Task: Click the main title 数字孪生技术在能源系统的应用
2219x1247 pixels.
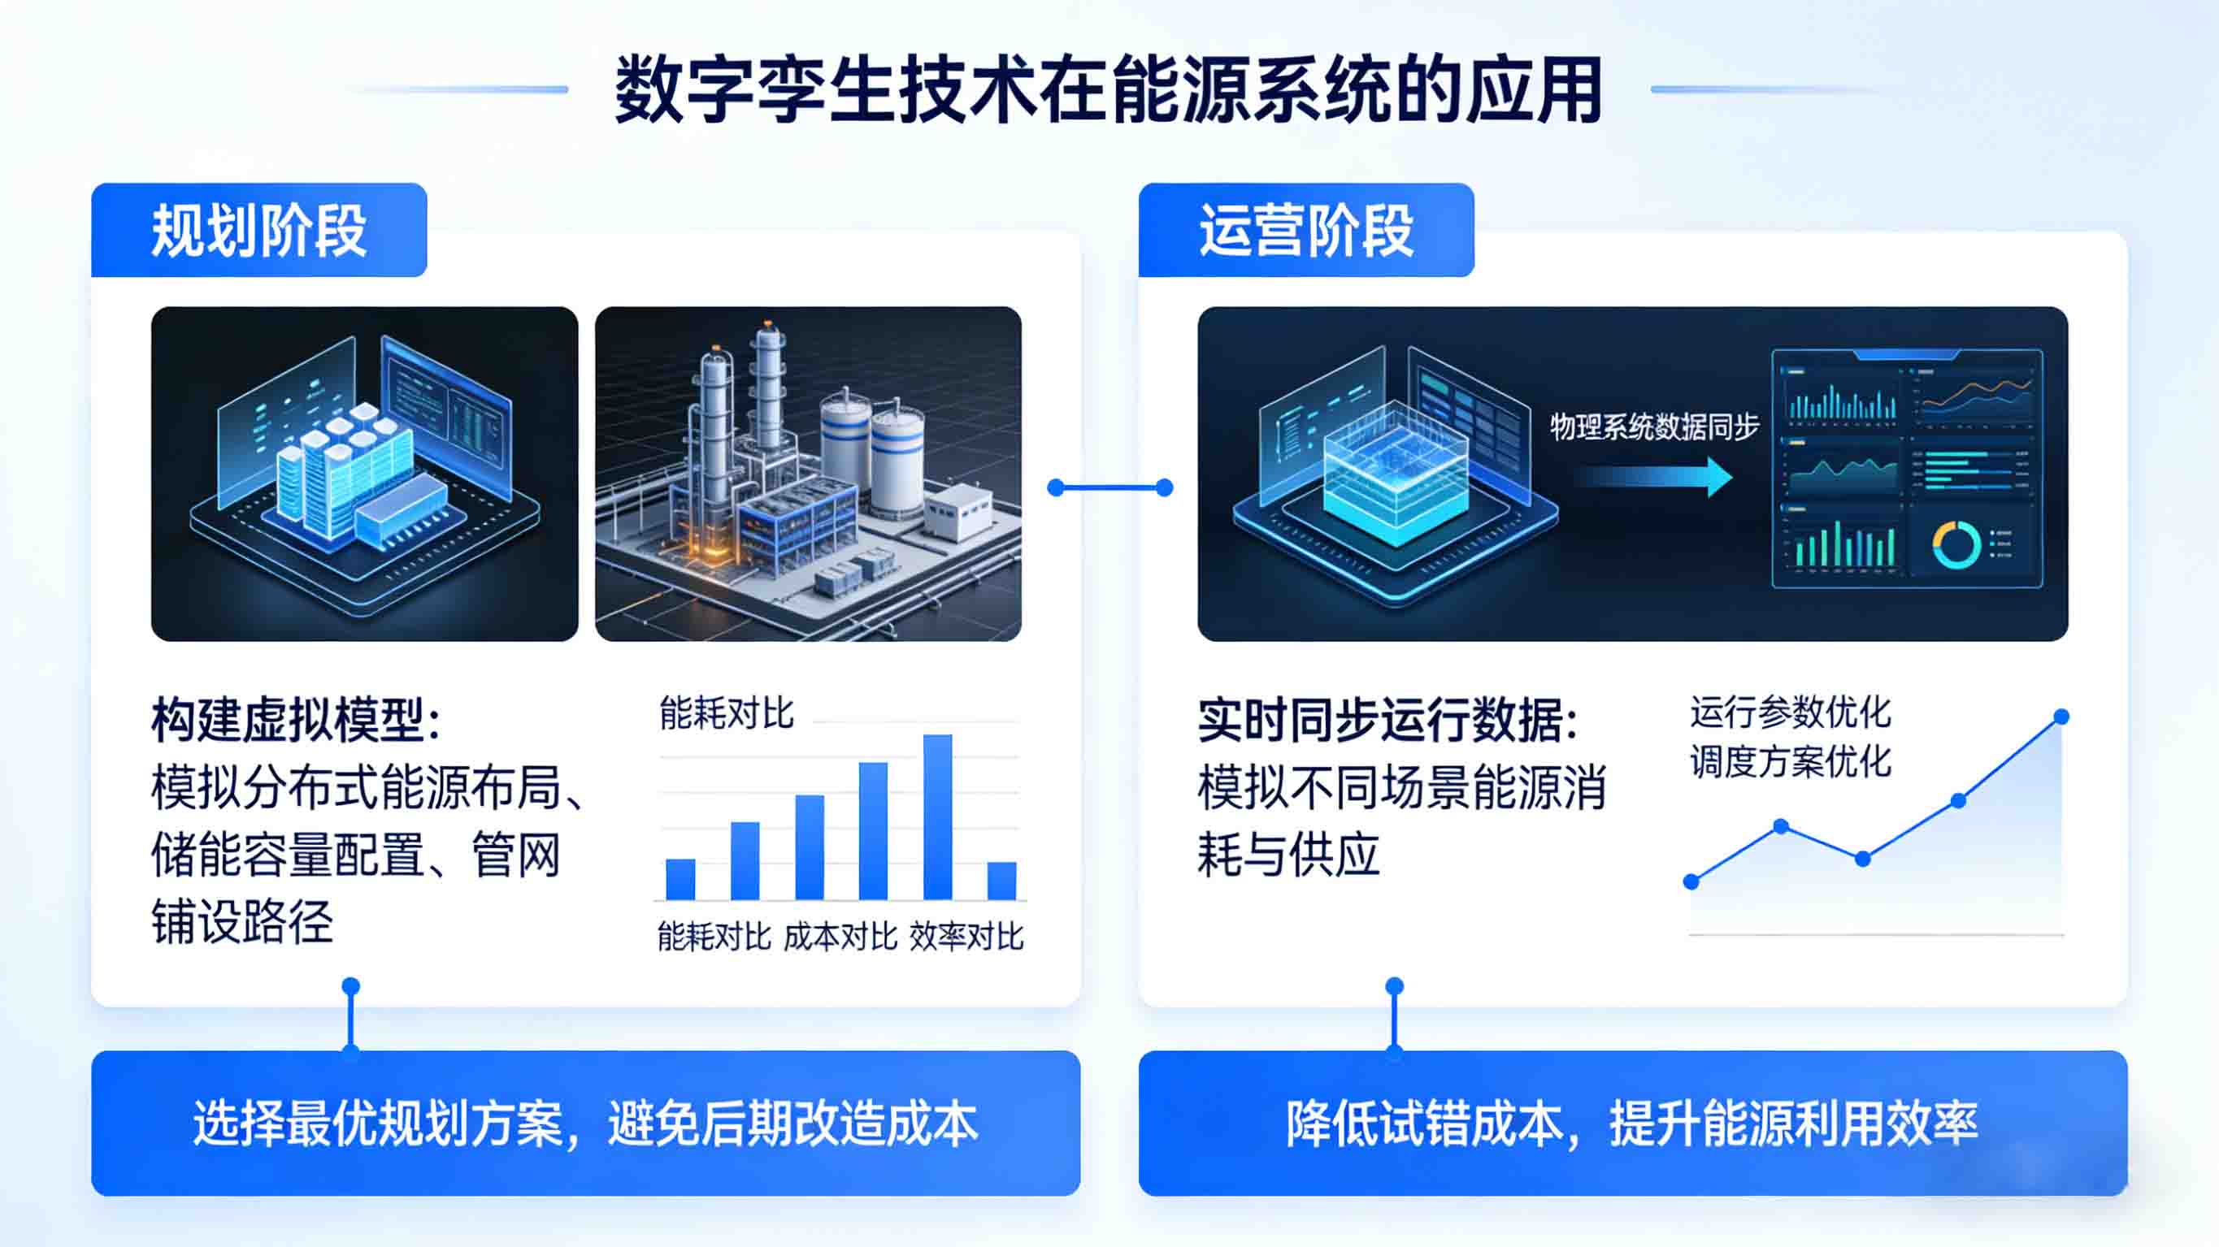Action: point(1108,89)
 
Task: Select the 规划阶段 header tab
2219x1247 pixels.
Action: point(258,231)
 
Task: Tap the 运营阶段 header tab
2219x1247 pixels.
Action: point(1306,231)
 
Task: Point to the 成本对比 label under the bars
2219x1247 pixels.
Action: point(840,937)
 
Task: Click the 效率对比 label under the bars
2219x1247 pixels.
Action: point(966,937)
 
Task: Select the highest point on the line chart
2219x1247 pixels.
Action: point(2061,717)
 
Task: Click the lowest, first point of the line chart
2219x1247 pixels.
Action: point(1691,882)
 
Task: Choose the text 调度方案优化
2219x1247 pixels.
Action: point(1790,762)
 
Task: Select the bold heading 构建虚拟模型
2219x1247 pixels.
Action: point(296,720)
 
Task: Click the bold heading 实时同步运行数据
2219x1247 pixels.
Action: point(1387,720)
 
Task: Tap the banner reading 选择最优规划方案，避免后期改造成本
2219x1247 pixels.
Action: point(586,1123)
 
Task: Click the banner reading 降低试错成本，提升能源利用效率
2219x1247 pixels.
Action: point(1632,1123)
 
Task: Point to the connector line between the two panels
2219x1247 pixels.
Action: point(1109,488)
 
